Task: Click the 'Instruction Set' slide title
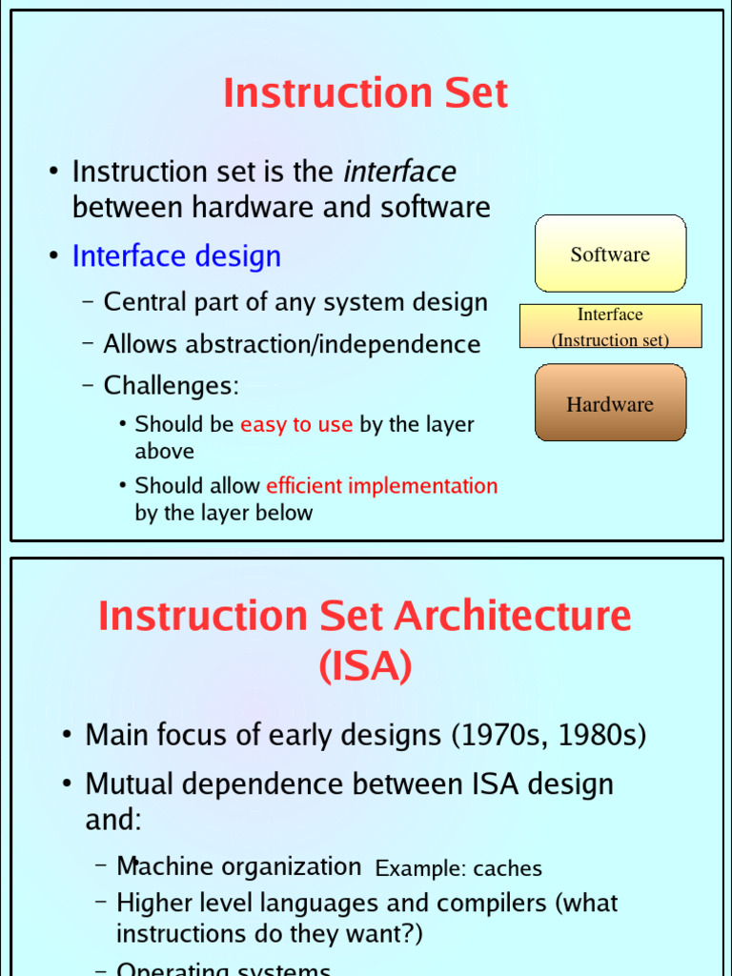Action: pyautogui.click(x=365, y=93)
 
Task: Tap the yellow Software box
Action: pyautogui.click(x=610, y=254)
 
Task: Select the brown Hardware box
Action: pyautogui.click(x=610, y=403)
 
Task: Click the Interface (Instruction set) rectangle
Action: pyautogui.click(x=610, y=327)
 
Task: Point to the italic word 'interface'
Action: pyautogui.click(x=399, y=172)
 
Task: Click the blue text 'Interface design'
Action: pyautogui.click(x=176, y=255)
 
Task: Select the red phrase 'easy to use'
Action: pyautogui.click(x=296, y=424)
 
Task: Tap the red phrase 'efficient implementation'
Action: pyautogui.click(x=381, y=485)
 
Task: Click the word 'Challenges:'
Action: pyautogui.click(x=172, y=385)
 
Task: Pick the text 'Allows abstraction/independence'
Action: pyautogui.click(x=292, y=343)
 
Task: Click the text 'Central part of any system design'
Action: pyautogui.click(x=295, y=302)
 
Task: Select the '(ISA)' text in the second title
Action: pyautogui.click(x=365, y=667)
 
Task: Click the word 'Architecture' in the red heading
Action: pyautogui.click(x=513, y=616)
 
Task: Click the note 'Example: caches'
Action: pyautogui.click(x=458, y=868)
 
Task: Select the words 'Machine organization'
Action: pyautogui.click(x=238, y=866)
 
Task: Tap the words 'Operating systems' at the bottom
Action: pyautogui.click(x=223, y=969)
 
